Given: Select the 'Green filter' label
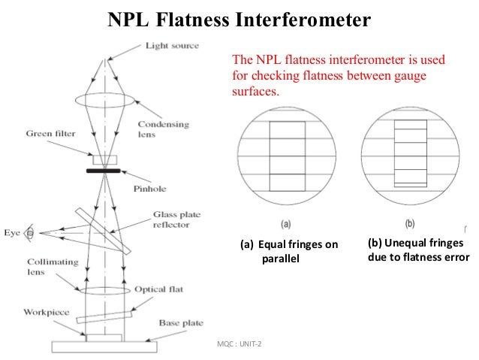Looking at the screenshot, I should [x=50, y=135].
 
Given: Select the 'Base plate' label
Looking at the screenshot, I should [x=180, y=323].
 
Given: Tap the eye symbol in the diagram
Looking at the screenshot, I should [x=30, y=234].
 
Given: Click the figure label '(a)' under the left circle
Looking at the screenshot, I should [x=285, y=224].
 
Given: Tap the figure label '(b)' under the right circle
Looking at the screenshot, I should [x=409, y=224].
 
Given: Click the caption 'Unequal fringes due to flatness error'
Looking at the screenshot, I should [x=418, y=250].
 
